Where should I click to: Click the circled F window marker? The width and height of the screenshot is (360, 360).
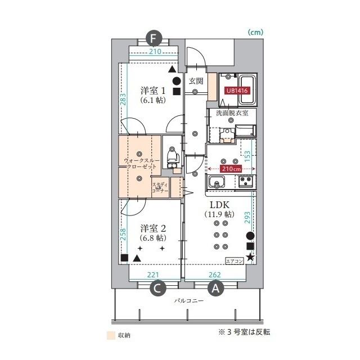(x=154, y=39)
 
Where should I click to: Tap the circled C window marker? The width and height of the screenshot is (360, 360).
(x=158, y=289)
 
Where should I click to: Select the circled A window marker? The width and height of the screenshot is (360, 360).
(x=215, y=289)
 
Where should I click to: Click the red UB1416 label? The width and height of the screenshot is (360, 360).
(x=237, y=91)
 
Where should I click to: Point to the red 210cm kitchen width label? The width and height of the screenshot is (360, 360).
(x=231, y=169)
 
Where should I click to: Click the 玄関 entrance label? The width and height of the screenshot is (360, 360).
(x=196, y=81)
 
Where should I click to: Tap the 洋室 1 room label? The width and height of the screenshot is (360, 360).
(x=153, y=91)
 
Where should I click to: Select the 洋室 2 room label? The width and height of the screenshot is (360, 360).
(x=153, y=228)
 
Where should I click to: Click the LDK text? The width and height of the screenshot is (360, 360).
(x=219, y=204)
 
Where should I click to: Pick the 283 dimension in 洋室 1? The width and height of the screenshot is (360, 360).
(x=123, y=99)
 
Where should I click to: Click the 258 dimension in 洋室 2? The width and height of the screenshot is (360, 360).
(x=123, y=234)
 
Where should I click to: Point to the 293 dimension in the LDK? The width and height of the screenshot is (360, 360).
(x=247, y=218)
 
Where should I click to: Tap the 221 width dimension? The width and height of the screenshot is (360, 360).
(x=153, y=274)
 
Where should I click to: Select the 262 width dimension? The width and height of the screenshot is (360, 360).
(x=215, y=274)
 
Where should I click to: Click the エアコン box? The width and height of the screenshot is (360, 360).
(x=235, y=261)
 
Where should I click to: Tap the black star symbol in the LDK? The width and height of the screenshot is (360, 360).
(x=250, y=257)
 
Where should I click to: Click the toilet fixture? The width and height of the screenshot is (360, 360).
(x=173, y=157)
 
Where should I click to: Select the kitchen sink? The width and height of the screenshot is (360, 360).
(x=217, y=182)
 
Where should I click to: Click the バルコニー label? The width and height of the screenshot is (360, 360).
(x=189, y=300)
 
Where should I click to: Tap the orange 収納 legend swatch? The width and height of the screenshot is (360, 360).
(x=111, y=335)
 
